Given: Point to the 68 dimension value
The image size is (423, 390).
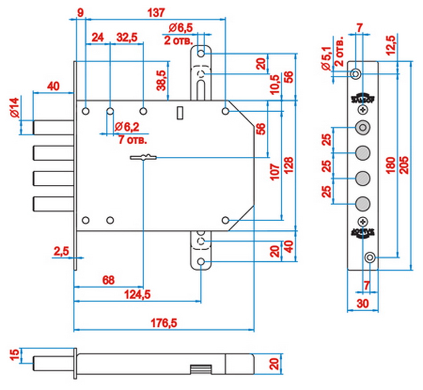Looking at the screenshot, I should [108, 280].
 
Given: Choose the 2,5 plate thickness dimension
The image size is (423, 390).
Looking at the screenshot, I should [61, 252].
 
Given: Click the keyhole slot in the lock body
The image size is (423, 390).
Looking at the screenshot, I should [144, 157].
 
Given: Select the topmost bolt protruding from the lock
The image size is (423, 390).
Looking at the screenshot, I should [53, 127].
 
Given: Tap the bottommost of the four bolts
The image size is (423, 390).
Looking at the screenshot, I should [53, 203].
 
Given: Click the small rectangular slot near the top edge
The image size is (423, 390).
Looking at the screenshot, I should [180, 113].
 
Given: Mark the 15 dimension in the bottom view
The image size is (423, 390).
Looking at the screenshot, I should [14, 355].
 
